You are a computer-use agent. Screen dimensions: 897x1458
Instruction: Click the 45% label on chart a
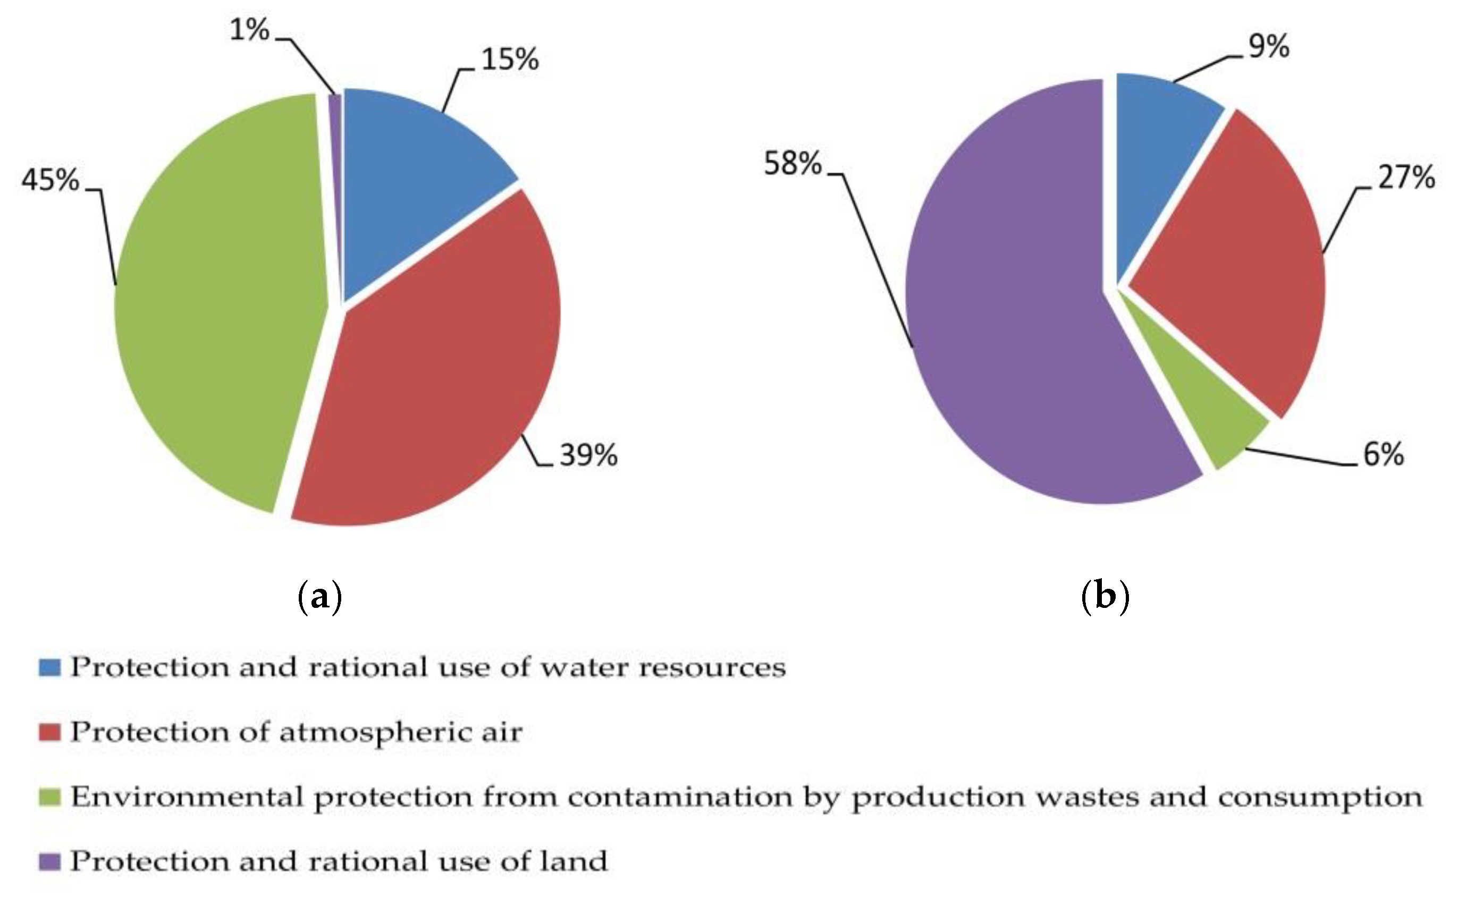click(50, 179)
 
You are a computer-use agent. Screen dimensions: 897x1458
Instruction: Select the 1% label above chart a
click(249, 30)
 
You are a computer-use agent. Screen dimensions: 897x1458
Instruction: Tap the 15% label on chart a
click(510, 60)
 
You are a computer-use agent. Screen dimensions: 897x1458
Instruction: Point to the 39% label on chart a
click(588, 455)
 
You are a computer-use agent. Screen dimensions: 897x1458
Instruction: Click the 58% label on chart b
click(792, 163)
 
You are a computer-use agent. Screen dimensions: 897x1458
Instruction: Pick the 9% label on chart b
click(1269, 46)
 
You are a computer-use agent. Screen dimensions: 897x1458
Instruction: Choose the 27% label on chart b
click(1406, 177)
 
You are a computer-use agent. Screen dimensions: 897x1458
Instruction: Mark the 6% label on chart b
click(1383, 454)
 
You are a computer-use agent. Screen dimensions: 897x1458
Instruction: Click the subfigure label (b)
click(1105, 596)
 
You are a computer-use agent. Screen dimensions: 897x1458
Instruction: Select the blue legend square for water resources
click(50, 667)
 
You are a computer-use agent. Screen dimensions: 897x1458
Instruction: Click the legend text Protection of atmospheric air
click(296, 732)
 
